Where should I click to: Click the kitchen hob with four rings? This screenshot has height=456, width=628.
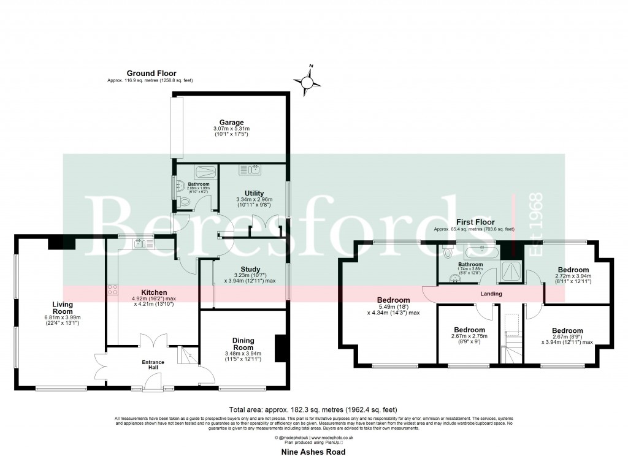point(113,290)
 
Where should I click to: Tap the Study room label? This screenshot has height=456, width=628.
point(250,269)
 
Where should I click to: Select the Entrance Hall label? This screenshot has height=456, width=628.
point(153,365)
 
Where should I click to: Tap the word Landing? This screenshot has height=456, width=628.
point(491,294)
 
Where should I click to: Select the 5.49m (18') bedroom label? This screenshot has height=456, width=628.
point(393,300)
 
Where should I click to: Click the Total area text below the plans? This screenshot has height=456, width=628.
point(313,409)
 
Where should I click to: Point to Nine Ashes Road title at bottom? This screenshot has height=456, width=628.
point(313,452)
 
